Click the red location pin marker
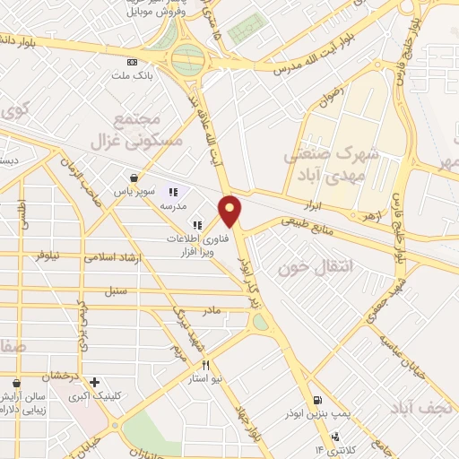click(231, 210)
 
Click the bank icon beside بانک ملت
click(133, 62)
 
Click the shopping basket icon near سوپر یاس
click(134, 178)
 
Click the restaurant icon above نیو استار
click(205, 366)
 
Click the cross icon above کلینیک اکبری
click(94, 382)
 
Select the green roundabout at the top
click(187, 60)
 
